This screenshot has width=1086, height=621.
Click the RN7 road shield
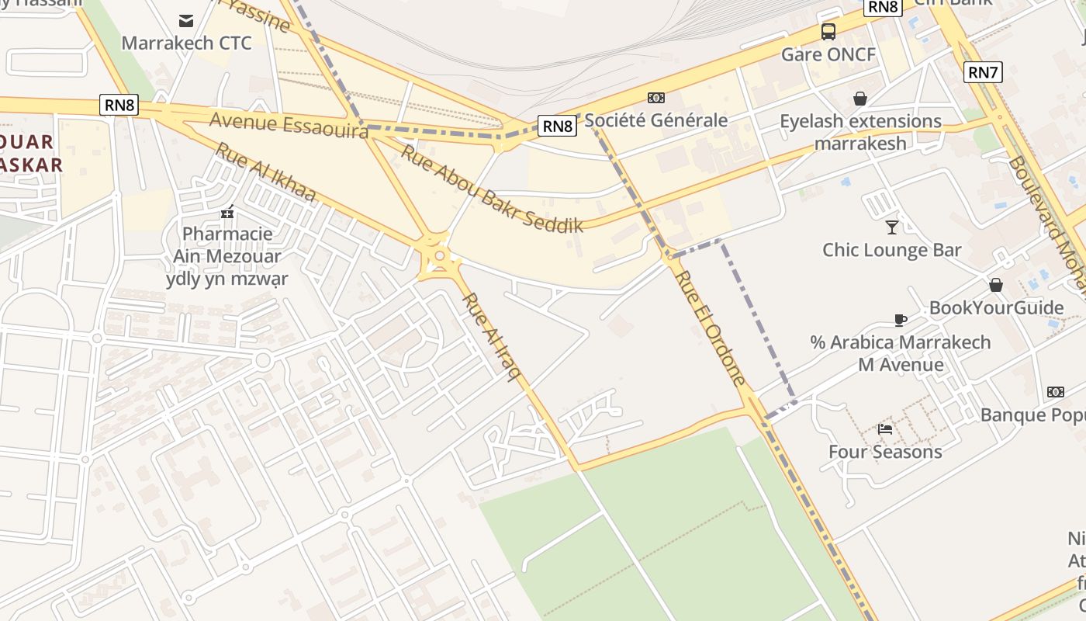[983, 73]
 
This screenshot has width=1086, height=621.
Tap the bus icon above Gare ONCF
[828, 32]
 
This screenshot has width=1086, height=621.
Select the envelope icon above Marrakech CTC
[186, 20]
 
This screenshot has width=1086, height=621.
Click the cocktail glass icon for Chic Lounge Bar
[892, 227]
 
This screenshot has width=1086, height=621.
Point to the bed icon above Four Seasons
[885, 428]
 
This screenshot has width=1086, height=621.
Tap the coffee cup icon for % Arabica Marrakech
[900, 320]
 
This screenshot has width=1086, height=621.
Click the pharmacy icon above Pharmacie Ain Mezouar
[227, 211]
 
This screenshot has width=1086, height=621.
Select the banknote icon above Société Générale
[656, 98]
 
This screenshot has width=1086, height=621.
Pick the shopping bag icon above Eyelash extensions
[859, 99]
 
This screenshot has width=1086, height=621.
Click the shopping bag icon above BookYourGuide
[996, 285]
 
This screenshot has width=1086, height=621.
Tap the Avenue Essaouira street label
[289, 126]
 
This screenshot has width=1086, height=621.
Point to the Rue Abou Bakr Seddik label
[491, 189]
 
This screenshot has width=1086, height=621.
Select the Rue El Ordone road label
[710, 327]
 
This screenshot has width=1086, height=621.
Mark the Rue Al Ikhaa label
[265, 172]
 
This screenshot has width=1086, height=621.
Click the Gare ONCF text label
[828, 54]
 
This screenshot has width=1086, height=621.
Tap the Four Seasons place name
[885, 452]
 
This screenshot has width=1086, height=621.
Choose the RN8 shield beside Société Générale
[557, 126]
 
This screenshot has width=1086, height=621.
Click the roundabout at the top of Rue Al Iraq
[440, 255]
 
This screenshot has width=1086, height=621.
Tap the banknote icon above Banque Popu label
[1056, 392]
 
